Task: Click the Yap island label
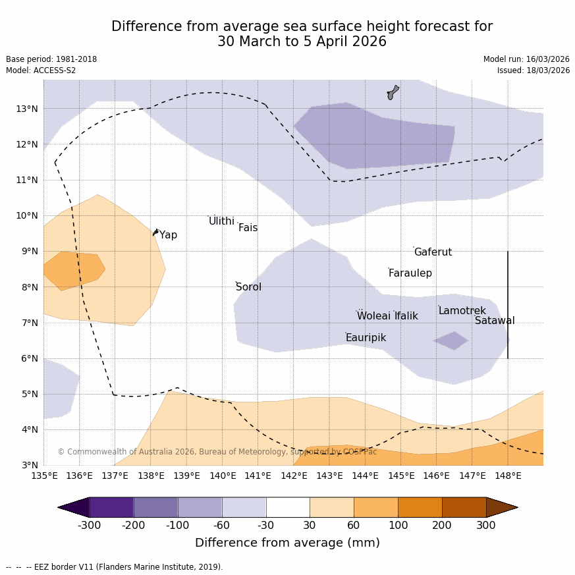coord(168,235)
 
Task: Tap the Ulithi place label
coord(221,221)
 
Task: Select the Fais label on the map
coord(248,228)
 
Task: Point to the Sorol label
coord(248,287)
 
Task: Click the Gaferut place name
coord(433,252)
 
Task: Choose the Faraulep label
coord(410,273)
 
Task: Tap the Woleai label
coord(373,316)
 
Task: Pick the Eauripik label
coord(366,338)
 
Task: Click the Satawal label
coord(495,321)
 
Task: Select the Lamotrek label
coord(462,311)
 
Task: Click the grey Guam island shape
coord(393,92)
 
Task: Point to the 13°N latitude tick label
coord(26,109)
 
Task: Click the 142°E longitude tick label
coord(293,476)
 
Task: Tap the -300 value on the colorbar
coord(90,525)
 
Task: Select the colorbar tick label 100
coord(398,525)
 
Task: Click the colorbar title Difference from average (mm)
coord(287,543)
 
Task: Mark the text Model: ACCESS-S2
coord(41,70)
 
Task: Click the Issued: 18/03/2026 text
coord(534,70)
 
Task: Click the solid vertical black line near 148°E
coord(508,304)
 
